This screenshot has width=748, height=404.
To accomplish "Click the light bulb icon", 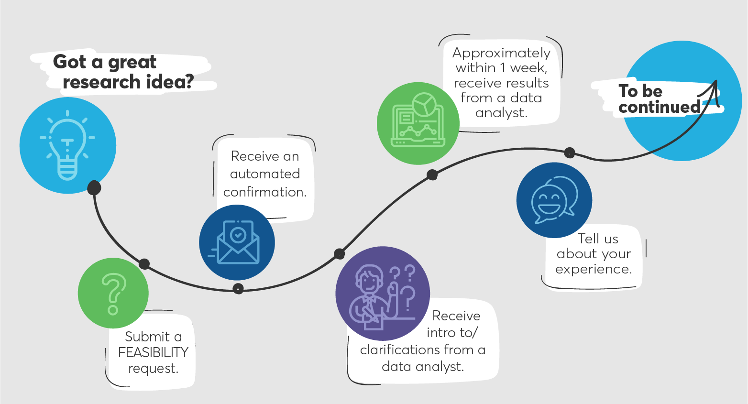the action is pyautogui.click(x=67, y=145).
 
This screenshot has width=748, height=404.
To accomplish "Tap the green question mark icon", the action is pyautogui.click(x=113, y=294).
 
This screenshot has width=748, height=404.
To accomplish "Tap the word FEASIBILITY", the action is pyautogui.click(x=153, y=352).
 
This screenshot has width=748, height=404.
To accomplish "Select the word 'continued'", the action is pyautogui.click(x=660, y=107).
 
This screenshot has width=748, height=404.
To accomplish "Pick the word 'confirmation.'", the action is pyautogui.click(x=265, y=192).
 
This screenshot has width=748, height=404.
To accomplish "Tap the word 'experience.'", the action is pyautogui.click(x=594, y=269).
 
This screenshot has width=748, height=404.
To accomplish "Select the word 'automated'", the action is pyautogui.click(x=265, y=174).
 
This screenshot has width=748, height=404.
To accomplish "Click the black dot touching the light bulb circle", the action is pyautogui.click(x=94, y=187).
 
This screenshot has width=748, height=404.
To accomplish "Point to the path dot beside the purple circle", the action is pyautogui.click(x=339, y=254).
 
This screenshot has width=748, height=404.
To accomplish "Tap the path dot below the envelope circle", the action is pyautogui.click(x=238, y=288).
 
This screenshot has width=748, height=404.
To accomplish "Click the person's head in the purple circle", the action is pyautogui.click(x=369, y=279).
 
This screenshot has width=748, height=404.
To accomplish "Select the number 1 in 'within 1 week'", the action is pyautogui.click(x=503, y=68).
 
